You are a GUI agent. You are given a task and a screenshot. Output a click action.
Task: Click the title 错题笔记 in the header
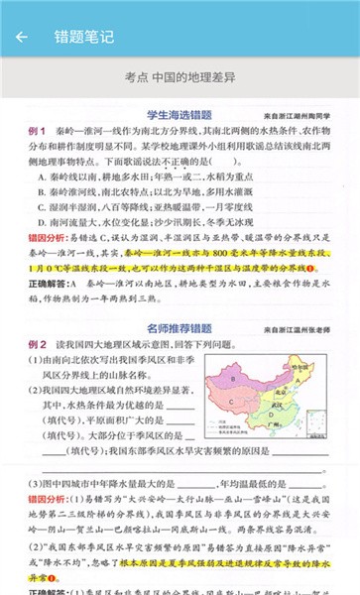pos(84,38)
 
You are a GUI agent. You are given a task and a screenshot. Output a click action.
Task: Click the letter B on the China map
pos(232,379)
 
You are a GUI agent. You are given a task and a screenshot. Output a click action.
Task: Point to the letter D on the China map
pos(271,415)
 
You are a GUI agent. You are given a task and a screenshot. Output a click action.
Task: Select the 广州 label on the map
pos(274,424)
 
